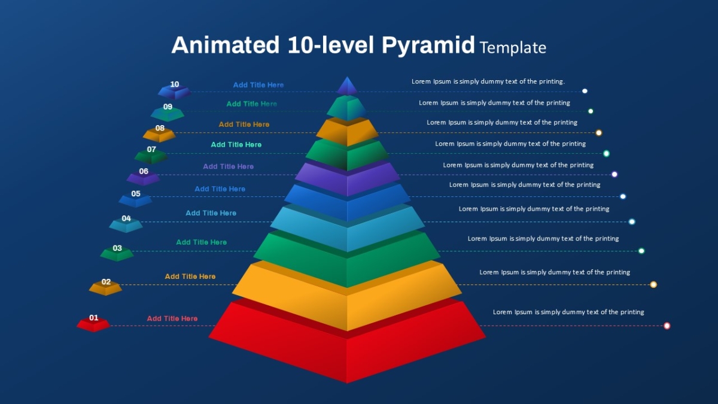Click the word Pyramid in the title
coord(428,45)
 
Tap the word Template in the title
coord(513,48)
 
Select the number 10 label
coord(174,84)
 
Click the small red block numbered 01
coord(93,324)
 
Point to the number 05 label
coord(136,194)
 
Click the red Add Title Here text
coord(172,318)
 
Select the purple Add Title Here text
coord(228,166)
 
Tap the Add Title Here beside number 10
coord(258,85)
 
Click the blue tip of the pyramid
coord(347,87)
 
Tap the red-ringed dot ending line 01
coord(667,326)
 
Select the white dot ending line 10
coord(585,91)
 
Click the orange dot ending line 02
coord(653,284)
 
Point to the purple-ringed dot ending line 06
coord(614,174)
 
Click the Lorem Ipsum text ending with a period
coord(488,81)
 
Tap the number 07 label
coord(151,150)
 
